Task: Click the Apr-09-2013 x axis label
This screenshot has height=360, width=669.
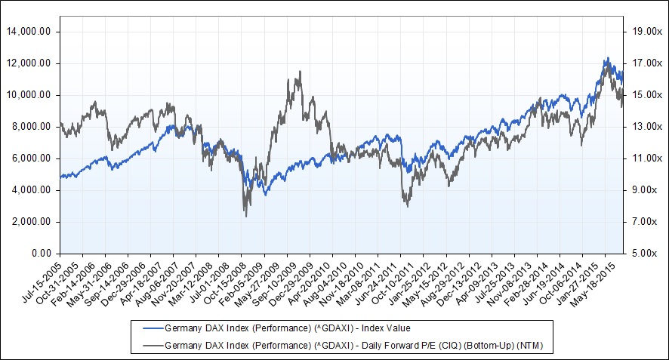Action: tap(476, 283)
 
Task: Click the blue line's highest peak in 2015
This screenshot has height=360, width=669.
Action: tap(606, 57)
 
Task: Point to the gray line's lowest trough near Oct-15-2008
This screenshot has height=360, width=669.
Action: tap(246, 217)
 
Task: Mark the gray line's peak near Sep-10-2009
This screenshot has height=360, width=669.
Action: tap(300, 72)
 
